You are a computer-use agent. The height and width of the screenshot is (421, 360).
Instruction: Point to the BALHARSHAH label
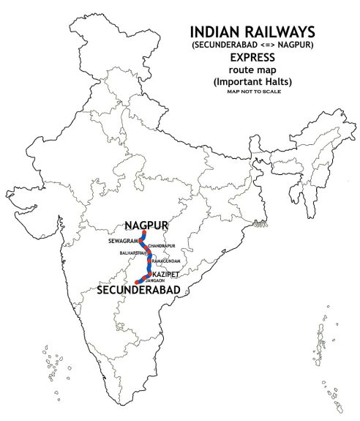[132, 253]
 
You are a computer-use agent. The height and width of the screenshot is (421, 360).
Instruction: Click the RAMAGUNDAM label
[165, 260]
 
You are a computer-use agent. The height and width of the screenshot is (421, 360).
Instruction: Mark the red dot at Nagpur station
[143, 233]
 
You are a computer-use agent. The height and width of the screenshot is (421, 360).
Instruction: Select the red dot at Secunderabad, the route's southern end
[137, 282]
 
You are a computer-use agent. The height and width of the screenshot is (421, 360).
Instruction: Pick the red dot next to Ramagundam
[149, 260]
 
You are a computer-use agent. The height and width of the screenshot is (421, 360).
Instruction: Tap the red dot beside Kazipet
[150, 274]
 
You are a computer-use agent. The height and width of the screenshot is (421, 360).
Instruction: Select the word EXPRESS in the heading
[252, 57]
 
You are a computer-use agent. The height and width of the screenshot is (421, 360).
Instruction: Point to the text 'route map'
[252, 70]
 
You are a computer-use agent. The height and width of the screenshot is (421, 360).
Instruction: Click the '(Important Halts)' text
[252, 81]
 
